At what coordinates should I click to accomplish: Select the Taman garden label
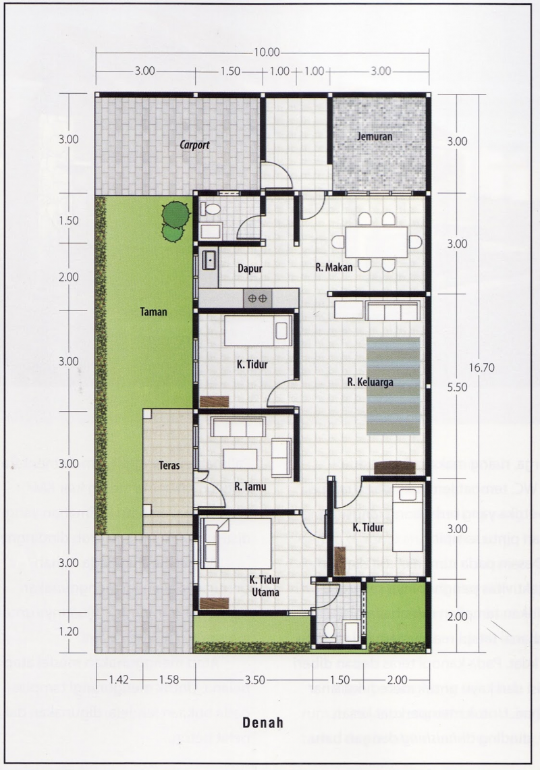[x=153, y=312]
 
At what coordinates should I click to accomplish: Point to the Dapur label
[x=249, y=268]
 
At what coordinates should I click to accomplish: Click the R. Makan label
[x=335, y=268]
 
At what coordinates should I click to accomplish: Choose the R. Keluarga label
[x=370, y=383]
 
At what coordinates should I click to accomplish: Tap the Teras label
[x=169, y=466]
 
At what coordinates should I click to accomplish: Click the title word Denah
[x=262, y=722]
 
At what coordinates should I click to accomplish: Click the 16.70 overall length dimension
[x=479, y=367]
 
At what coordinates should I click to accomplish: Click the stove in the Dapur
[x=257, y=298]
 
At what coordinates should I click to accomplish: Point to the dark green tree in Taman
[x=175, y=213]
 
